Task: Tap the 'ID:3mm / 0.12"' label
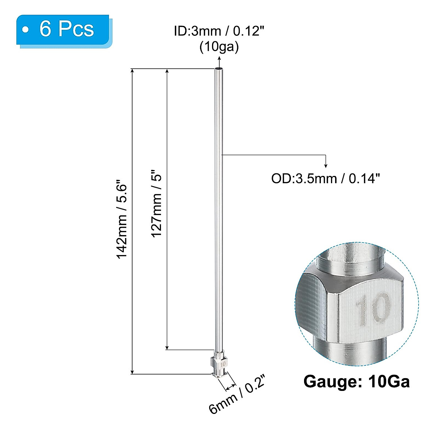click(219, 31)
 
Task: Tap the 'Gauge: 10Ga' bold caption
click(357, 382)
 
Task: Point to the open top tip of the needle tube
click(218, 69)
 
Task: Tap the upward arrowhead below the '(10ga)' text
click(219, 59)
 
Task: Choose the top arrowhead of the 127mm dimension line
click(167, 72)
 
